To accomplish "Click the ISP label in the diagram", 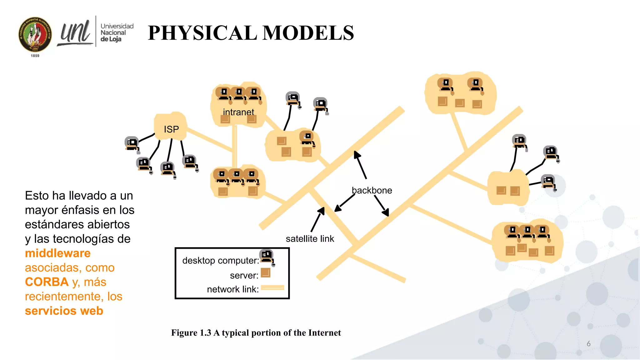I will click(171, 129).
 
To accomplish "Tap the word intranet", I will click(238, 112).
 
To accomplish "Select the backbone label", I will click(372, 190).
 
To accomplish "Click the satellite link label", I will click(310, 239).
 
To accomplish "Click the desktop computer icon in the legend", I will click(267, 257).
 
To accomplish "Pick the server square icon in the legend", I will click(265, 273).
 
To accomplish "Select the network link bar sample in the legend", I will click(272, 287).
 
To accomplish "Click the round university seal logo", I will click(35, 35).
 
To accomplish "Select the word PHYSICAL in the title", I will click(203, 33).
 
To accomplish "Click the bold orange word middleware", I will click(58, 253).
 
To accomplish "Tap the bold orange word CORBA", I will click(47, 282).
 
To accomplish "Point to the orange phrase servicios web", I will click(64, 311).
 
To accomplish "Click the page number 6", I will click(588, 343).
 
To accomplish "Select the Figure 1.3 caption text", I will click(256, 333).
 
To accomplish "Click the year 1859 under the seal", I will click(35, 56).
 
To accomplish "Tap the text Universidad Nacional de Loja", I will click(117, 32).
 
